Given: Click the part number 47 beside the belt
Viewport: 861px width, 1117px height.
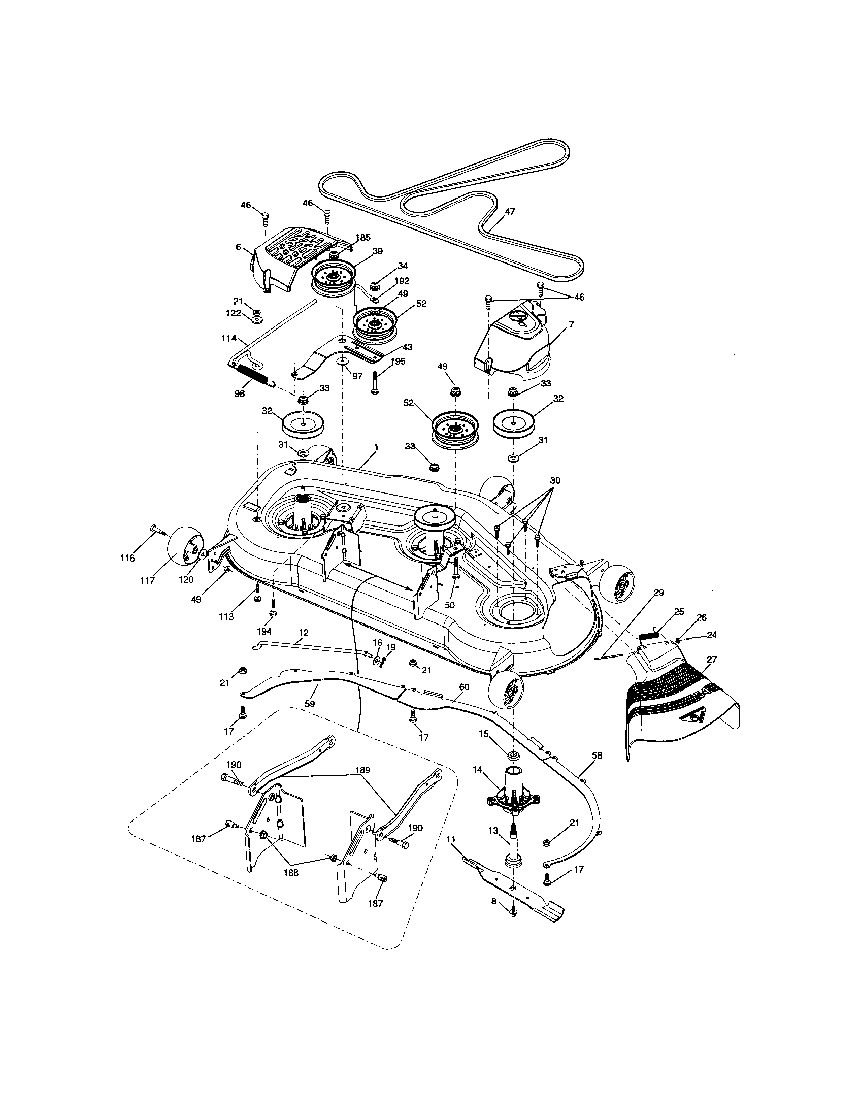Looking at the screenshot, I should coord(509,212).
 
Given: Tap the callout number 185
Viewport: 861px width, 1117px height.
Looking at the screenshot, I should coord(363,238).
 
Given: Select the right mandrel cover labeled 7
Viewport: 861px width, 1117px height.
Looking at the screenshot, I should coord(514,343).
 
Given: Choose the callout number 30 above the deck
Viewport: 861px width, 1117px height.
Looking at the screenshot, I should coord(555,481).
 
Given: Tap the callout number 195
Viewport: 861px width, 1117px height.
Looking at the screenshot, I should coord(398,362).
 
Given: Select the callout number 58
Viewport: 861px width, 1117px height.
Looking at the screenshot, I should coord(597,770).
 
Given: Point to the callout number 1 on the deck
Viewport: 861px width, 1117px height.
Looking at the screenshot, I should coord(376,446).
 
